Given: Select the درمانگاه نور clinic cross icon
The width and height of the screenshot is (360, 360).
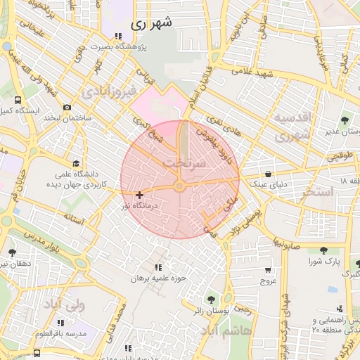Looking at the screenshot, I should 140,195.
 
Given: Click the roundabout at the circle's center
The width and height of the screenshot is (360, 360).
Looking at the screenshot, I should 180,186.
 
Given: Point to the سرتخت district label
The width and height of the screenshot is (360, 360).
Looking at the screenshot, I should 184,163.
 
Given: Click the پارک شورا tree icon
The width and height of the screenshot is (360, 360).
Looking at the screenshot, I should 323,250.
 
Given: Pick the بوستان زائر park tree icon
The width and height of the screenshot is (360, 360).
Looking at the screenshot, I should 211,298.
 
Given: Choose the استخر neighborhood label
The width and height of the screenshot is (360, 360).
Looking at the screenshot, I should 314,193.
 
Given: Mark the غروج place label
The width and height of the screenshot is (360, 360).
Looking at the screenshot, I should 269,281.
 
